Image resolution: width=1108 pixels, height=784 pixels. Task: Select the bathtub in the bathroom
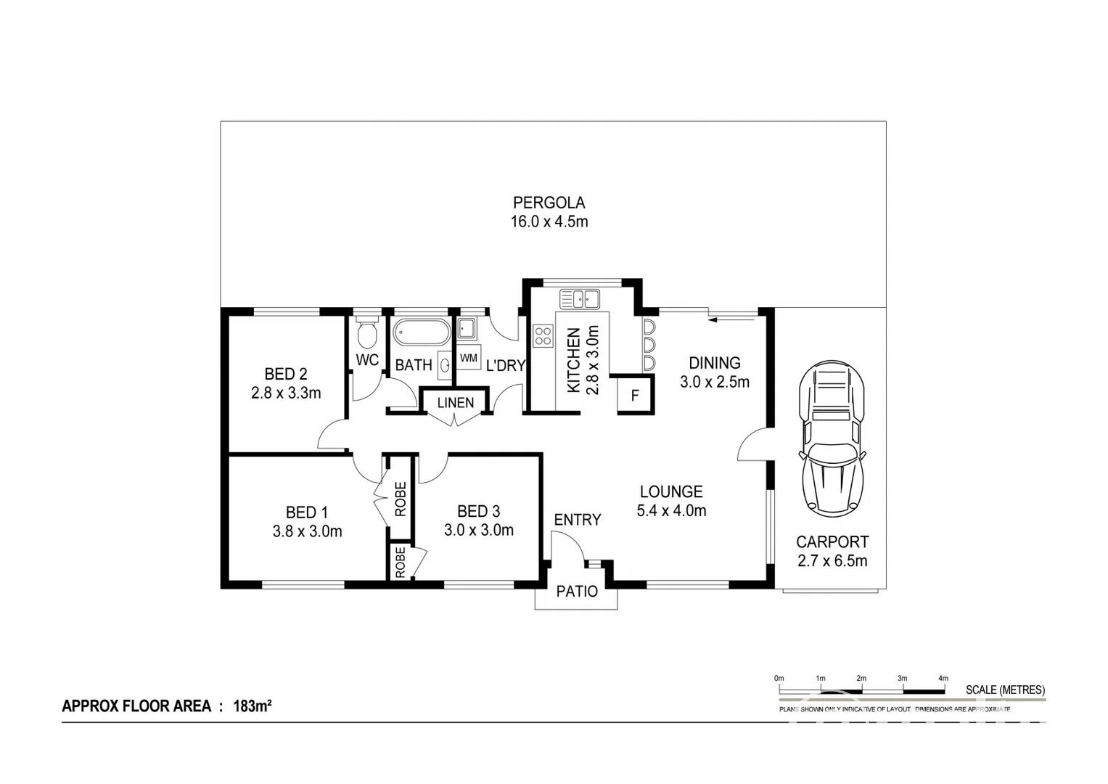point(422,333)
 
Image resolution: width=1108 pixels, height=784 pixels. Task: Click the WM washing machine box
point(469,358)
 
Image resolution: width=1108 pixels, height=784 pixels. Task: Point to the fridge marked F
point(635,396)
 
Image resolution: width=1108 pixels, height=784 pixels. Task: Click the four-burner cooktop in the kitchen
point(543,335)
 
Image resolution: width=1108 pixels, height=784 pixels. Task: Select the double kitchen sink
point(579,298)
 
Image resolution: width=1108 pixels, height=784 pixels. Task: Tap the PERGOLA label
point(549,203)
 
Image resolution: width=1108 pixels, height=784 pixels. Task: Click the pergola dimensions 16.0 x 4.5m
point(549,222)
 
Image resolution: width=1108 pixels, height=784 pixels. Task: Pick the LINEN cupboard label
point(455,403)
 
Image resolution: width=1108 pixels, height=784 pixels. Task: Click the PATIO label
point(577,592)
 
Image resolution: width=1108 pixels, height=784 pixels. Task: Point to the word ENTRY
point(578,520)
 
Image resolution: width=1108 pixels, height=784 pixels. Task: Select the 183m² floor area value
point(252,706)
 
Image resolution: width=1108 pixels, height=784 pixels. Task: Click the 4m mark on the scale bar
point(943,678)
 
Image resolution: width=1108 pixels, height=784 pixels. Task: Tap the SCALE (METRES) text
point(1005,690)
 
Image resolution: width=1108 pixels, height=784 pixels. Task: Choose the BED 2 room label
point(286,374)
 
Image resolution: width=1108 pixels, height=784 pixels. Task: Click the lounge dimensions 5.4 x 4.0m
point(671,511)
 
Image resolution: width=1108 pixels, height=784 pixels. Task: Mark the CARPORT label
point(832,542)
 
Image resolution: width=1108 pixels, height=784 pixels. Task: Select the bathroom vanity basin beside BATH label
point(443,364)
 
